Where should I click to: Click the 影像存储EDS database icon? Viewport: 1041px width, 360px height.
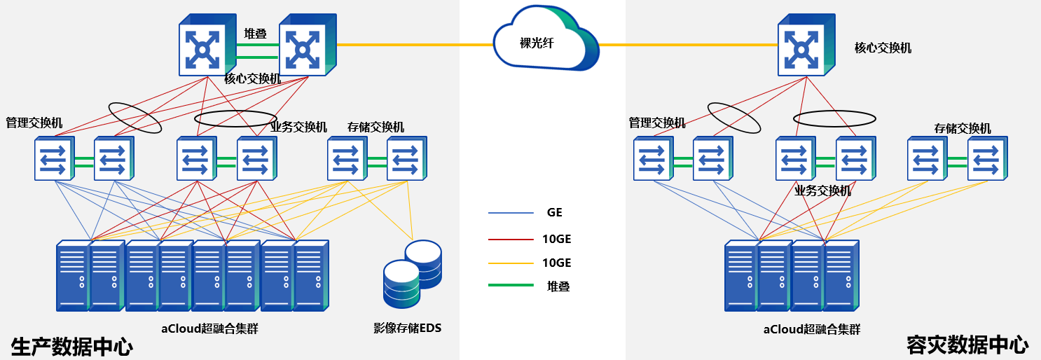(412, 275)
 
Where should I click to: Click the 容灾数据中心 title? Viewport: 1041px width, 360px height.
(967, 345)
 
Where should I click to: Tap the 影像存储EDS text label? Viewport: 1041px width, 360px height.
(407, 328)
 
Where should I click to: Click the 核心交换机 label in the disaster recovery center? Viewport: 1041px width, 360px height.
(883, 48)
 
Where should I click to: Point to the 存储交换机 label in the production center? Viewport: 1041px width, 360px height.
(375, 127)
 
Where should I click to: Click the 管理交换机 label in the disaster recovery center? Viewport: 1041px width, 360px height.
(657, 123)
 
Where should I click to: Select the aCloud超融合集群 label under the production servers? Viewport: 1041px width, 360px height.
(209, 328)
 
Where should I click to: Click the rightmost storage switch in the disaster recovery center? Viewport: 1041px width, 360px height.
(988, 160)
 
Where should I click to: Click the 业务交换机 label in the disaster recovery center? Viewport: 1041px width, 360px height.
(822, 191)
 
